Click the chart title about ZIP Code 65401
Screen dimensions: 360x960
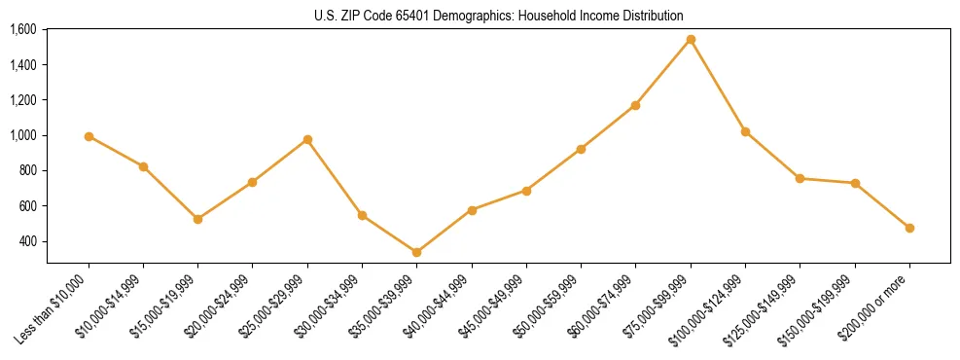(498, 16)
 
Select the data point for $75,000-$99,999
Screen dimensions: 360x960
(691, 40)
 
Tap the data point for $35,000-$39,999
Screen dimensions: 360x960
(417, 253)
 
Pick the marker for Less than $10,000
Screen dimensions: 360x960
(89, 136)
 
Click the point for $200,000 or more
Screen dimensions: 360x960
(909, 228)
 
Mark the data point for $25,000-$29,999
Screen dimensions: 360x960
(307, 139)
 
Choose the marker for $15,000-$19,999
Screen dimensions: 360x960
(198, 219)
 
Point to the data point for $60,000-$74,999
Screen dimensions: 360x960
(636, 105)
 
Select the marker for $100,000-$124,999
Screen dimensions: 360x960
(745, 131)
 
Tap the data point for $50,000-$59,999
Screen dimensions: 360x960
(581, 149)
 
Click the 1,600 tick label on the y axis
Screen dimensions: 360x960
(23, 29)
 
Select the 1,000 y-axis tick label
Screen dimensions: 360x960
(23, 135)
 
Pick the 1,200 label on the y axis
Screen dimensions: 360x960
(23, 100)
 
